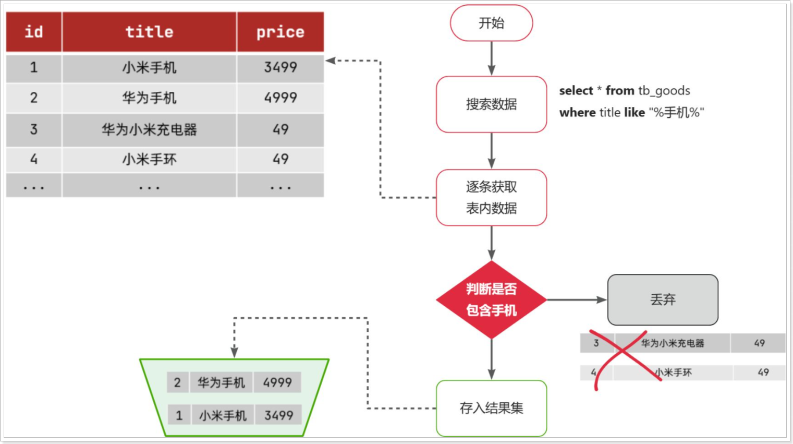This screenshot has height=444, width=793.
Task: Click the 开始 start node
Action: coord(491,23)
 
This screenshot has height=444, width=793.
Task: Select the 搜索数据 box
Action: coord(491,104)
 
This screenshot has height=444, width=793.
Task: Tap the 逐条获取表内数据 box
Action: coord(491,197)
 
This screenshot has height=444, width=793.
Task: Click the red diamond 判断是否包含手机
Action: coord(491,299)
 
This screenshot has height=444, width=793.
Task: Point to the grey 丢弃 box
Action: coord(663,299)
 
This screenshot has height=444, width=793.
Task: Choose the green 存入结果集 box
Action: coord(491,408)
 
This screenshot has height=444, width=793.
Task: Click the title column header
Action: coord(149,32)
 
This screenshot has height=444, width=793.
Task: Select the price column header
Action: coord(280,32)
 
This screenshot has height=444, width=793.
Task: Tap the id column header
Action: coord(34,32)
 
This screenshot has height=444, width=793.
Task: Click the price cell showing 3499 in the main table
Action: coord(280,67)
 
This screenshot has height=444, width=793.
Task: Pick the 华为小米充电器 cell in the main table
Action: coord(149,129)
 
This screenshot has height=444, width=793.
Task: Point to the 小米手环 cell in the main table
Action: coord(149,159)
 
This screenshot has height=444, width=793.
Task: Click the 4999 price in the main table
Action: coord(280,98)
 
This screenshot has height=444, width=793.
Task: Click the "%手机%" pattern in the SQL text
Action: coord(676,113)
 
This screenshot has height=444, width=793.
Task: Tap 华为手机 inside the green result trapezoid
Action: coord(221,382)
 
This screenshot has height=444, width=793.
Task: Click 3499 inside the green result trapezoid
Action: coord(278,415)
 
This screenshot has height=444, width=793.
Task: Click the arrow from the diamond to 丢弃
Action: coord(576,299)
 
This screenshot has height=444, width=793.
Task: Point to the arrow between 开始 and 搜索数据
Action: coord(491,58)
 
